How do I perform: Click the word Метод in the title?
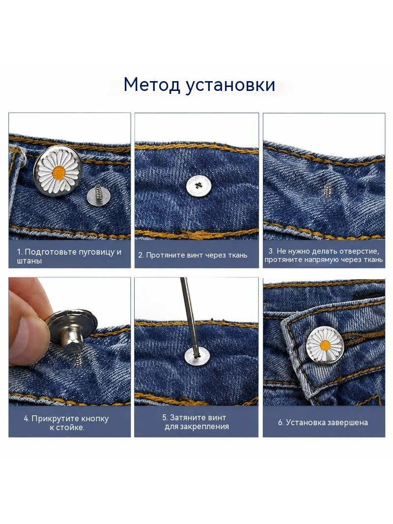click(x=151, y=85)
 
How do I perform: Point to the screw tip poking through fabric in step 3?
click(x=325, y=189)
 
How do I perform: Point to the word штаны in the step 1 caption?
click(x=29, y=261)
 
